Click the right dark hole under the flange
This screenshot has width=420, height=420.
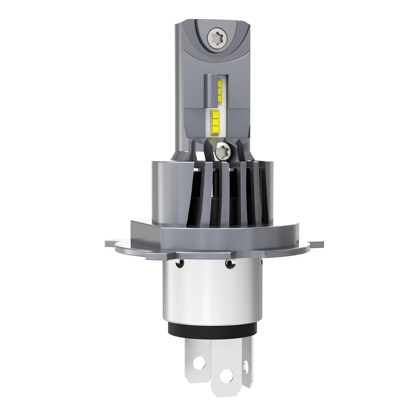tap(228, 263)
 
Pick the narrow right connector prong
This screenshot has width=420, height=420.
tap(246, 359)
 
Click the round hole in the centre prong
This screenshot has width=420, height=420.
tap(227, 374)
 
